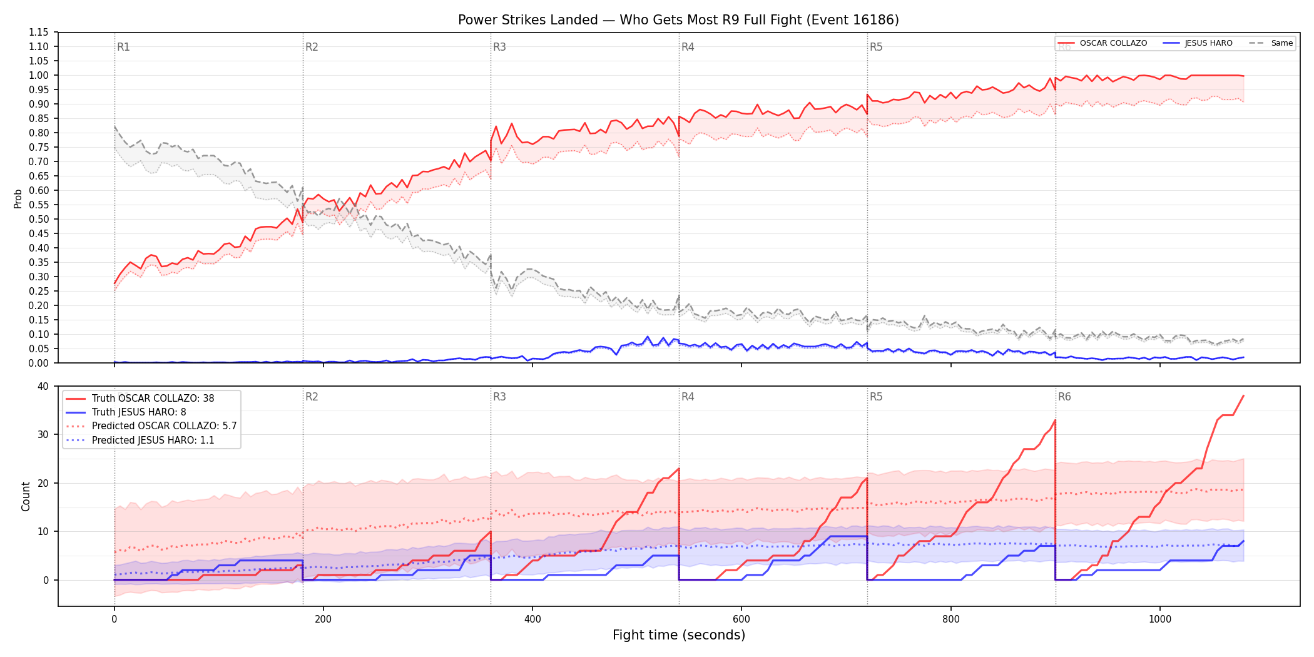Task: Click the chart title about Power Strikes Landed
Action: [x=678, y=20]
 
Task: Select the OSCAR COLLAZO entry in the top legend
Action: [x=1103, y=43]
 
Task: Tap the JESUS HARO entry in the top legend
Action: [x=1198, y=43]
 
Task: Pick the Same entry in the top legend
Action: [x=1271, y=43]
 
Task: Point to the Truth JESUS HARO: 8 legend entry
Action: [x=126, y=412]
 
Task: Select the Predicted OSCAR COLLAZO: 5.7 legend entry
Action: [x=151, y=426]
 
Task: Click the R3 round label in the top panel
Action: [x=499, y=47]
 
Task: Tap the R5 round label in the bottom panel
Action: [x=876, y=397]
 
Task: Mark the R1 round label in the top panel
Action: [x=123, y=47]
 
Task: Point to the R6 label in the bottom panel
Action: [x=1064, y=397]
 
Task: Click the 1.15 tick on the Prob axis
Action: [x=39, y=33]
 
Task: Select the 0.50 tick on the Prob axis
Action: [x=39, y=219]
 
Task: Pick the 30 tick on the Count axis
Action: [x=43, y=434]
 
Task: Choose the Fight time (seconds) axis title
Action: [x=679, y=635]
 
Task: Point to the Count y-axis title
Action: [x=26, y=496]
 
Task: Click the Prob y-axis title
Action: [x=18, y=198]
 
